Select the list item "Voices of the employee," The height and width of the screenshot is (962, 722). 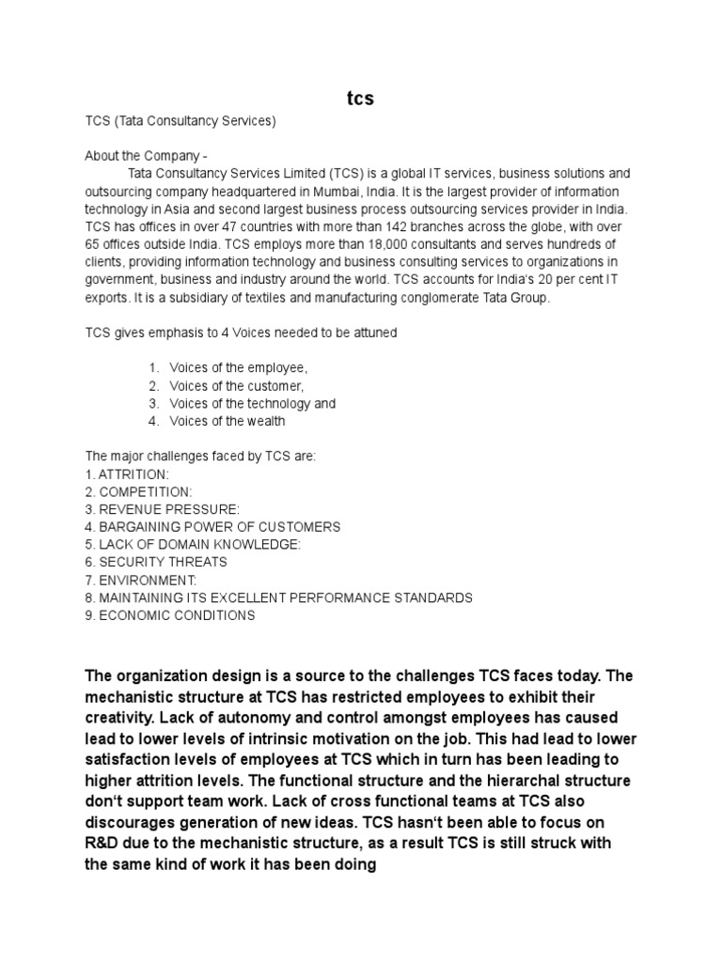point(239,367)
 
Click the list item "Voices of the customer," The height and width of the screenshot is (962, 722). point(238,386)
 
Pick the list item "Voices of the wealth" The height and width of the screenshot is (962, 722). point(228,422)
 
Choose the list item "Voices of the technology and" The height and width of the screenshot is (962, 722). point(252,404)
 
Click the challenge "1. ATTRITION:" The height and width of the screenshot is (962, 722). point(127,473)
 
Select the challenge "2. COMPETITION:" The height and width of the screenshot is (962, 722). point(138,491)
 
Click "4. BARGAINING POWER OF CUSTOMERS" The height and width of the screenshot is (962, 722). point(212,527)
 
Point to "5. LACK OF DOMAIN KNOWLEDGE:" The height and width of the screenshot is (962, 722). point(193,545)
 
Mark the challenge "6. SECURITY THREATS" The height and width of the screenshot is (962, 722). point(156,563)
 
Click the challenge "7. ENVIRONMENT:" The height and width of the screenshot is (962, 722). point(141,581)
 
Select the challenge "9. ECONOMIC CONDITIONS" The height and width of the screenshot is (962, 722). point(170,616)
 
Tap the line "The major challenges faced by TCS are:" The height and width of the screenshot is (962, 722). point(201,456)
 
